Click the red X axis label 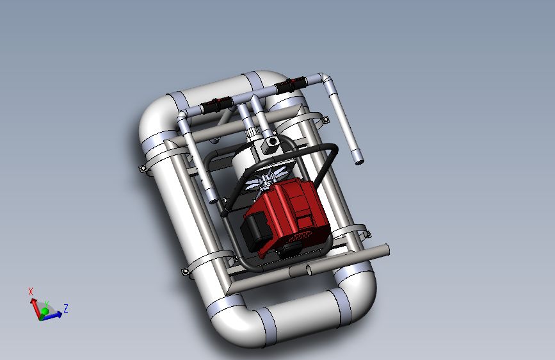pos(31,291)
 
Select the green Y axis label pos(46,304)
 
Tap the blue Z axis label pos(66,308)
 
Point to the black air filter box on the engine pos(255,231)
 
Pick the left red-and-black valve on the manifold pos(216,104)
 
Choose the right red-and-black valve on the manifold pos(291,85)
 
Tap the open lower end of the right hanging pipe pos(359,162)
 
